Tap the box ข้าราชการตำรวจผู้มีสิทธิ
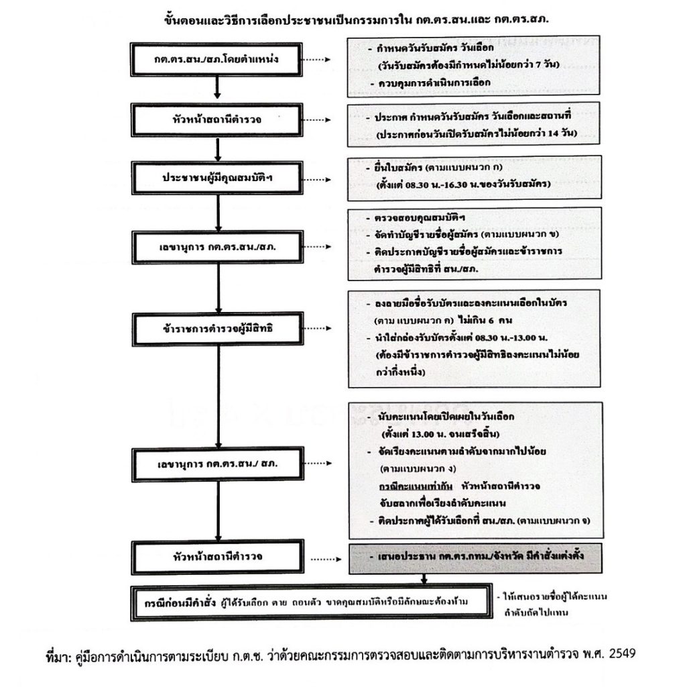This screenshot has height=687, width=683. tap(216, 330)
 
